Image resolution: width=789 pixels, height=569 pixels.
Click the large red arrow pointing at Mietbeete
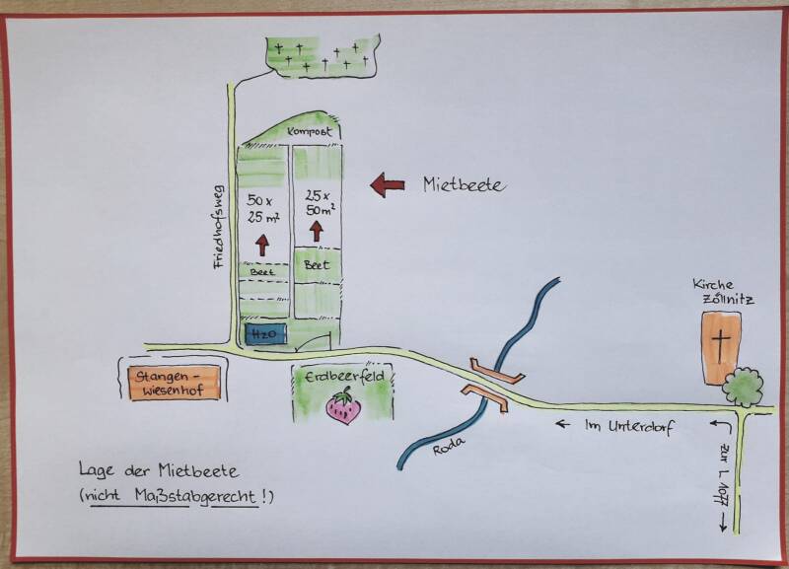tap(387, 184)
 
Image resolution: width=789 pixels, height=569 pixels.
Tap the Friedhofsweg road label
tap(219, 227)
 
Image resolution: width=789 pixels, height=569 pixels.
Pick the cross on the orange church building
tap(722, 346)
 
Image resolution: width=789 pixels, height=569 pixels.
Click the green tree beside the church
tap(743, 387)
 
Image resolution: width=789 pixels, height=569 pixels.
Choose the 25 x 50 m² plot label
tap(319, 202)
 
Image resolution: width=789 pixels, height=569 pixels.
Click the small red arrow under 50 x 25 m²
tap(263, 244)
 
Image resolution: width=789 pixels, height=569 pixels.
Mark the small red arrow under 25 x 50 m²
tap(317, 231)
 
